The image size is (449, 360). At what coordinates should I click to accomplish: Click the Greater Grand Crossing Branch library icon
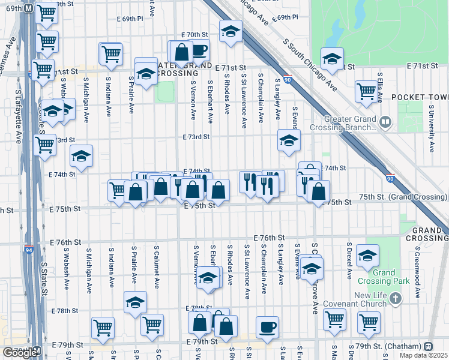pyautogui.click(x=385, y=123)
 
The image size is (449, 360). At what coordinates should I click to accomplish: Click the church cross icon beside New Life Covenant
pyautogui.click(x=395, y=298)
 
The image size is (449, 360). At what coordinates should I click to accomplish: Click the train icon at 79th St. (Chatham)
pyautogui.click(x=428, y=346)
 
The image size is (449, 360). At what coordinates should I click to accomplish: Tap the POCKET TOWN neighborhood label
pyautogui.click(x=420, y=97)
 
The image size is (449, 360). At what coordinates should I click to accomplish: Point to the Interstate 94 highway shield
pyautogui.click(x=29, y=249)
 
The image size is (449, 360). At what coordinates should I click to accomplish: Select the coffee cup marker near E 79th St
pyautogui.click(x=267, y=327)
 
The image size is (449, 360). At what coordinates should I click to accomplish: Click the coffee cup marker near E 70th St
pyautogui.click(x=199, y=50)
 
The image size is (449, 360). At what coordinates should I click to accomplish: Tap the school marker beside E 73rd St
pyautogui.click(x=289, y=141)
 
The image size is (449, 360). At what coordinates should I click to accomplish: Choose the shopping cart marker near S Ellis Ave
pyautogui.click(x=366, y=91)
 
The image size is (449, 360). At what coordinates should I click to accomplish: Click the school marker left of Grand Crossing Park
pyautogui.click(x=367, y=255)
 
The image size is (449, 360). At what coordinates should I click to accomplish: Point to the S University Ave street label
pyautogui.click(x=431, y=128)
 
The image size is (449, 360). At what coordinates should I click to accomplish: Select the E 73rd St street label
pyautogui.click(x=196, y=137)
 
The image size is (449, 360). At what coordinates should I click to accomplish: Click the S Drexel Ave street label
pyautogui.click(x=349, y=262)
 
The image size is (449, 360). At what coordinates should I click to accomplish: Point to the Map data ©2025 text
pyautogui.click(x=424, y=355)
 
